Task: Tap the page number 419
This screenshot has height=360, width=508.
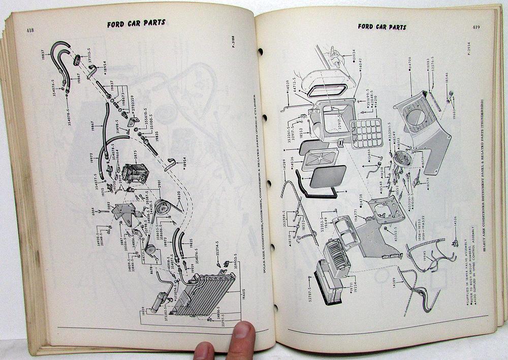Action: pyautogui.click(x=476, y=27)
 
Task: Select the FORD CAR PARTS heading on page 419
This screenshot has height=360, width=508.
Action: pyautogui.click(x=382, y=26)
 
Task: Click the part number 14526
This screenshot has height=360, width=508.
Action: pyautogui.click(x=455, y=224)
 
